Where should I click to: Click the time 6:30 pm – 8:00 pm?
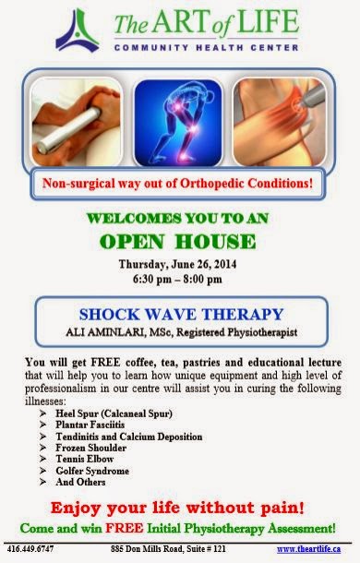pyautogui.click(x=180, y=278)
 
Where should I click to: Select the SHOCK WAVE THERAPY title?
pyautogui.click(x=179, y=314)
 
